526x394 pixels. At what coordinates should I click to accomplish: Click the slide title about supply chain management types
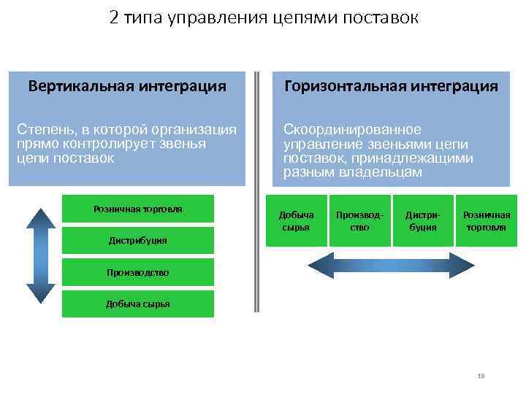tap(264, 18)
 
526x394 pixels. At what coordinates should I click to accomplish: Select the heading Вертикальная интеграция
tap(127, 86)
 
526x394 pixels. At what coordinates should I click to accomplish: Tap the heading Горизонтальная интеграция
tap(391, 86)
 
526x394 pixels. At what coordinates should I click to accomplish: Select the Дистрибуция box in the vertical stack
tap(137, 240)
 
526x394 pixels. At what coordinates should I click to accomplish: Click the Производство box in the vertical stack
tap(137, 272)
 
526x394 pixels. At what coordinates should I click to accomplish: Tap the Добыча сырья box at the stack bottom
tap(137, 304)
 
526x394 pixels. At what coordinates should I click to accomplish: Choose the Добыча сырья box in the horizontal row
tap(296, 220)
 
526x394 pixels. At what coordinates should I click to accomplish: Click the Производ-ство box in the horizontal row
tap(359, 220)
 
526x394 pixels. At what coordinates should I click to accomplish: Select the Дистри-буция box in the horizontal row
tap(422, 220)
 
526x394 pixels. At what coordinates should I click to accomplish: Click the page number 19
tap(481, 376)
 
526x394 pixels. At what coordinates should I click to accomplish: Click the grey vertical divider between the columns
tap(256, 190)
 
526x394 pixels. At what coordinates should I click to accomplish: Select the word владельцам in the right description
tap(388, 173)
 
